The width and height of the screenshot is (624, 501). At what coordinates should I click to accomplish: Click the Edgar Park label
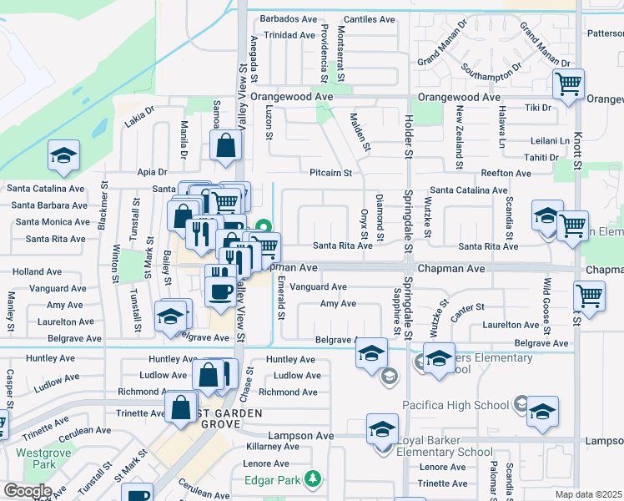[271, 479]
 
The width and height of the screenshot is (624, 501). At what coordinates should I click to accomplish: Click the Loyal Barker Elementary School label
[444, 446]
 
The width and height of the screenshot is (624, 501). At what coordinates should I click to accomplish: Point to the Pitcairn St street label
[330, 173]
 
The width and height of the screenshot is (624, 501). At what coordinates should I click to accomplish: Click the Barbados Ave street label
[289, 18]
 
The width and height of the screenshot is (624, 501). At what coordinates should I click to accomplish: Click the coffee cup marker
[221, 292]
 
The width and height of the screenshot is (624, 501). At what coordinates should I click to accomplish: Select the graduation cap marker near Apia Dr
[63, 155]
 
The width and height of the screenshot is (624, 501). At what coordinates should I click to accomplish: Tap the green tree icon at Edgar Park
[313, 478]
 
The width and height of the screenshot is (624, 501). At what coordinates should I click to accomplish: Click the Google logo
[28, 491]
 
